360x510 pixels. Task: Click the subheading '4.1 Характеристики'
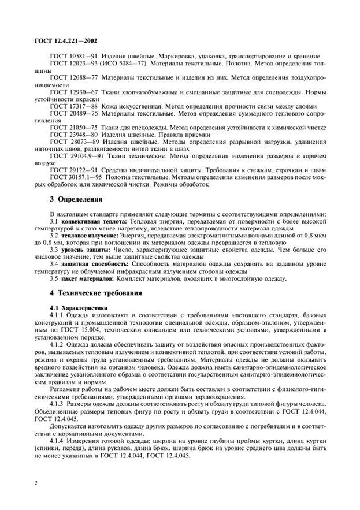(79, 307)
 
